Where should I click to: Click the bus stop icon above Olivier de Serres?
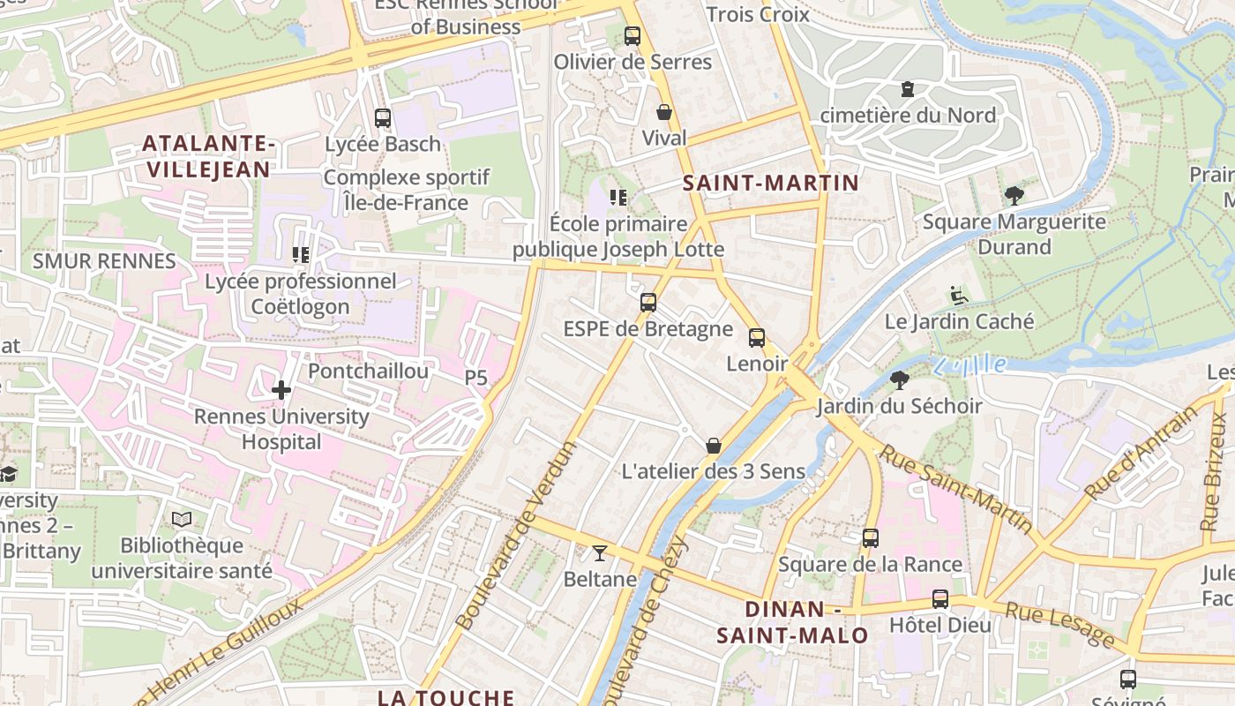pyautogui.click(x=632, y=36)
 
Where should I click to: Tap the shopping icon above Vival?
pyautogui.click(x=664, y=112)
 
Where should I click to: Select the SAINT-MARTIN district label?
pyautogui.click(x=770, y=183)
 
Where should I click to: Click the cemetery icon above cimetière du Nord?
pyautogui.click(x=907, y=89)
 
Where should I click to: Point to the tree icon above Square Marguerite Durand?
pyautogui.click(x=1014, y=196)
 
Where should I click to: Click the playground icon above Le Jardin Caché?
pyautogui.click(x=959, y=296)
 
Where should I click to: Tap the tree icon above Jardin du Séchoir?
pyautogui.click(x=900, y=380)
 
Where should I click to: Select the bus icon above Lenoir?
pyautogui.click(x=757, y=338)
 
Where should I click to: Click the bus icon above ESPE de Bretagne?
pyautogui.click(x=648, y=303)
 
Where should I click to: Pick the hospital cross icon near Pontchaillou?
pyautogui.click(x=281, y=389)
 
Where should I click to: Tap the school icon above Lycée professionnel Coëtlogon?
pyautogui.click(x=301, y=255)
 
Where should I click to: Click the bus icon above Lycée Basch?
pyautogui.click(x=383, y=118)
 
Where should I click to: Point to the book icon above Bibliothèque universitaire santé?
pyautogui.click(x=182, y=520)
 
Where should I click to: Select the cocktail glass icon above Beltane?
pyautogui.click(x=600, y=553)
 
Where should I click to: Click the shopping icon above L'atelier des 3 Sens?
pyautogui.click(x=714, y=446)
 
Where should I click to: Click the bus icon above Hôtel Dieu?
pyautogui.click(x=940, y=599)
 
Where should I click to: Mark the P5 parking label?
pyautogui.click(x=476, y=378)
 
